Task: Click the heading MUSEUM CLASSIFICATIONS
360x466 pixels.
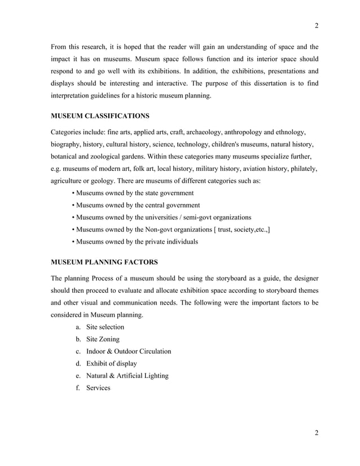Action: pyautogui.click(x=100, y=117)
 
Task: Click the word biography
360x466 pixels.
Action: pyautogui.click(x=67, y=144)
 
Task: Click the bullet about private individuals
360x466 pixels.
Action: pyautogui.click(x=136, y=241)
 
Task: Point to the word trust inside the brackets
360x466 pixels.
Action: pyautogui.click(x=217, y=230)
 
